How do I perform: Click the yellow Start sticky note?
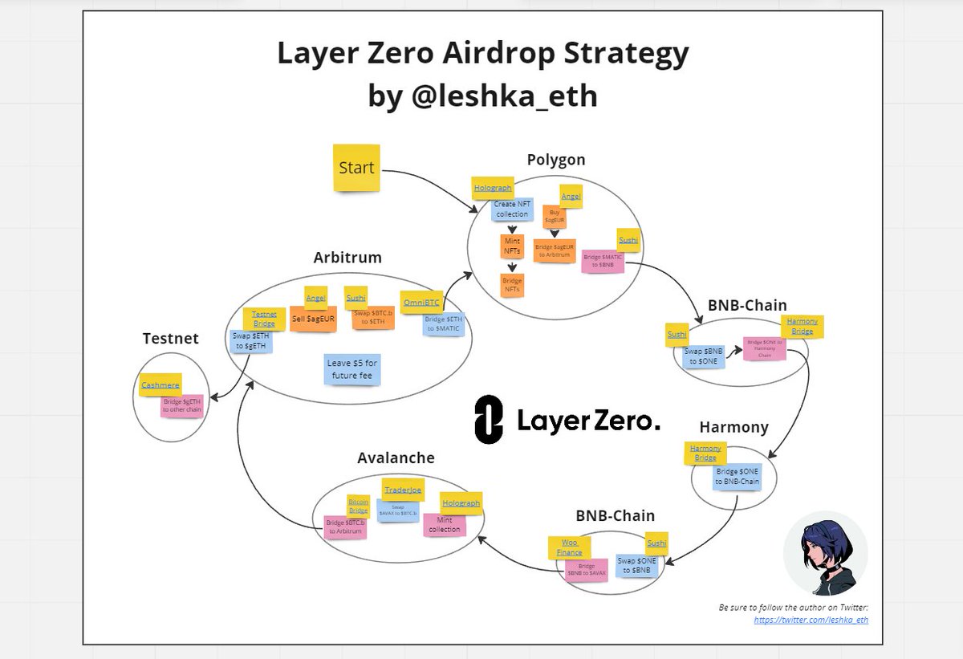tap(356, 168)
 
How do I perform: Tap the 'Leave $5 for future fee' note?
tap(351, 369)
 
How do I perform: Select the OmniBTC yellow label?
tap(421, 302)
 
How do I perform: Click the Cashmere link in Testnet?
tap(160, 385)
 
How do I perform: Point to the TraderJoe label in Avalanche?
tap(403, 489)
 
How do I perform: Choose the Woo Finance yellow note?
tap(569, 547)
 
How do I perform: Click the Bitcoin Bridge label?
tap(359, 506)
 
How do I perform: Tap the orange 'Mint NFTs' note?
tap(512, 246)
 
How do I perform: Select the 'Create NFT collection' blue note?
tap(512, 209)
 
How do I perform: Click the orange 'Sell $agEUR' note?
tap(313, 319)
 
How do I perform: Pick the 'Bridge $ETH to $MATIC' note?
tap(443, 324)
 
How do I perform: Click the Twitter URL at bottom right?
tap(811, 620)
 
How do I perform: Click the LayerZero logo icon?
tap(489, 419)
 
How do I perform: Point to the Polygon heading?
tap(556, 160)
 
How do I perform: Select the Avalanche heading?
tap(396, 458)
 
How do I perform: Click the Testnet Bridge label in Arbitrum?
tap(264, 319)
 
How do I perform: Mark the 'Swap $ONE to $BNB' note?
tap(637, 564)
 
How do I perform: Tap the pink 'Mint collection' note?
tap(445, 524)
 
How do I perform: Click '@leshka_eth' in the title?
tap(482, 96)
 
